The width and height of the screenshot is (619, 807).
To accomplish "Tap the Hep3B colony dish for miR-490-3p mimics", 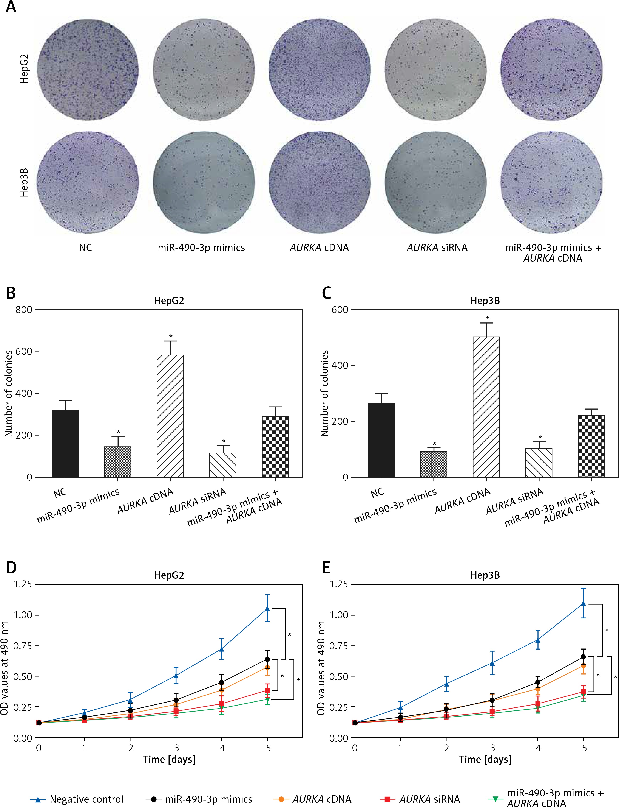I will [x=204, y=182].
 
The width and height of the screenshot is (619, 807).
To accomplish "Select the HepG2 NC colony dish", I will [x=88, y=69].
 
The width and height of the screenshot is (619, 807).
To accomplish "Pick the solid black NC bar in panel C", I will [x=381, y=440].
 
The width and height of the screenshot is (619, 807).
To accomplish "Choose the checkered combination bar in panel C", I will [x=591, y=446].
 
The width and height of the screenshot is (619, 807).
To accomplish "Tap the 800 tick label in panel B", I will [x=24, y=310].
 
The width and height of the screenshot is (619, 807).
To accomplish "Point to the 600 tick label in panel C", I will [x=340, y=310].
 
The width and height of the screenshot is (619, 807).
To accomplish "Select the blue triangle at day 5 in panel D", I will [x=267, y=608].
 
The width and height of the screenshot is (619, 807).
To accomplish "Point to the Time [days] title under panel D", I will [x=169, y=759].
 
